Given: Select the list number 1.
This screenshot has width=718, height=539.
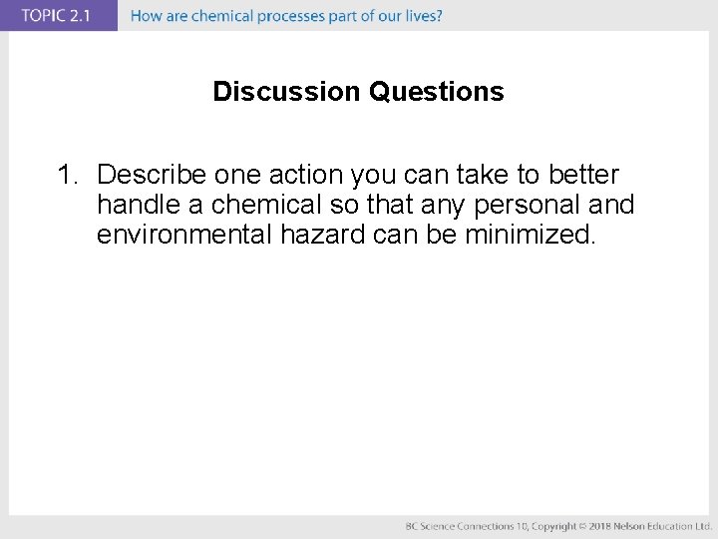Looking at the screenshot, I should [x=66, y=176].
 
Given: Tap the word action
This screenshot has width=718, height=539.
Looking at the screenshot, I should [x=305, y=176].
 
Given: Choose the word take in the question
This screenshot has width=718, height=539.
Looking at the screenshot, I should [x=473, y=176].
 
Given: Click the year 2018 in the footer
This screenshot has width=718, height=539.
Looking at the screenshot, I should [x=597, y=526].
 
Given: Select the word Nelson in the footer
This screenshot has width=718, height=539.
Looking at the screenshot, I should [x=631, y=526].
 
